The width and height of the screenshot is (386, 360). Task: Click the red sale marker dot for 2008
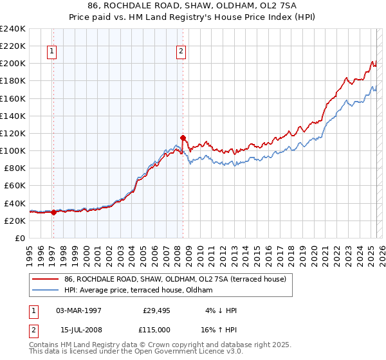(183, 138)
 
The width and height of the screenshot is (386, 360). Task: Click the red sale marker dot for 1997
(53, 213)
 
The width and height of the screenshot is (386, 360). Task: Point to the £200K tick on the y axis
(13, 64)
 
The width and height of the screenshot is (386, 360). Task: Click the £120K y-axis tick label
(13, 133)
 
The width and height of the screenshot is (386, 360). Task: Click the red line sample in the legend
(46, 279)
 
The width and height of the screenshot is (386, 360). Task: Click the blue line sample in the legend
(46, 289)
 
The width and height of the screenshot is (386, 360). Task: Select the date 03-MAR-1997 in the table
(79, 310)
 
